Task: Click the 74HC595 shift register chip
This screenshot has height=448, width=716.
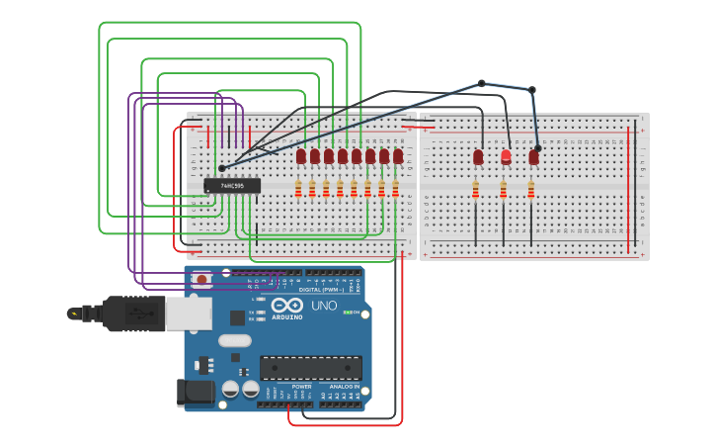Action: click(232, 185)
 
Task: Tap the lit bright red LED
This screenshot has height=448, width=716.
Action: click(507, 156)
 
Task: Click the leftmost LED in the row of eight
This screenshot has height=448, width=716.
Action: click(301, 156)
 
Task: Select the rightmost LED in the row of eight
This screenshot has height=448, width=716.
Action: click(398, 156)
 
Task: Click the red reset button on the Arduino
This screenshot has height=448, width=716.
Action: click(202, 280)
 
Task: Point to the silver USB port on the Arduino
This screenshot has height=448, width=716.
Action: click(188, 314)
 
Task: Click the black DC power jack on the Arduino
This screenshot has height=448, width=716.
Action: click(196, 392)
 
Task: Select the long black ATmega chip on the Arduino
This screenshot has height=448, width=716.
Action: click(310, 368)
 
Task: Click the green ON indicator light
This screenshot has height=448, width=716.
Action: click(348, 314)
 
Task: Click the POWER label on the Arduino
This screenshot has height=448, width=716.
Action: click(287, 387)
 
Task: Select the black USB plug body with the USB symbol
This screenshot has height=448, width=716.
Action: click(133, 313)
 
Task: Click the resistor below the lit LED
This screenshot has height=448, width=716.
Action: click(504, 189)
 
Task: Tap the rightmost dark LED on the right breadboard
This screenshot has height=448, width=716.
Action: click(534, 157)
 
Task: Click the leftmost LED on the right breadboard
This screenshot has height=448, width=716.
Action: click(478, 157)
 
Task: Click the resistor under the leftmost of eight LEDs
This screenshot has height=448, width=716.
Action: click(299, 188)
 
